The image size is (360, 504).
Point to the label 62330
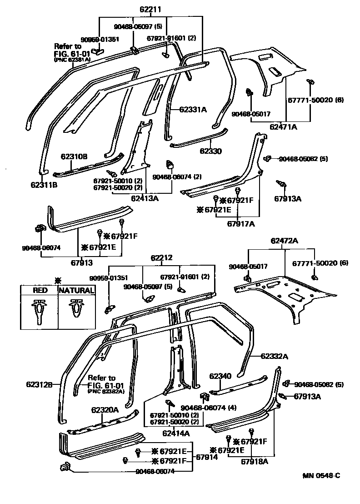point(210,151)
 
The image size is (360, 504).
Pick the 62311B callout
point(44,184)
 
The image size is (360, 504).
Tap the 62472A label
point(285,241)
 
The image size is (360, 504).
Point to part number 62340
point(220,376)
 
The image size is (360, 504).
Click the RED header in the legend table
point(39,290)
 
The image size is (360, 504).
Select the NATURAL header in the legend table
point(76,290)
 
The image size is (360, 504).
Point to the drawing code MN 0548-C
point(321,476)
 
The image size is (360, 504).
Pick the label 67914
point(207,457)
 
